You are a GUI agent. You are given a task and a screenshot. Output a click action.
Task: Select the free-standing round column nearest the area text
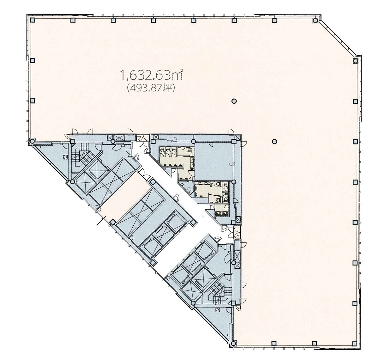234,101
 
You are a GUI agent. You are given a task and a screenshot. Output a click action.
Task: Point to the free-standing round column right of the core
274,141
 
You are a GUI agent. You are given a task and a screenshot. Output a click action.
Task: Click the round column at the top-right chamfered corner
315,21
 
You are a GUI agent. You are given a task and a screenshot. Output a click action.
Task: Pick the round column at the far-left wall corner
32,141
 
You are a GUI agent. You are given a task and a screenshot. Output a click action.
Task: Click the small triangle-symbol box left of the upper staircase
65,157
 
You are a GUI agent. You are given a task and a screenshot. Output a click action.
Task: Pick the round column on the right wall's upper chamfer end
355,61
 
